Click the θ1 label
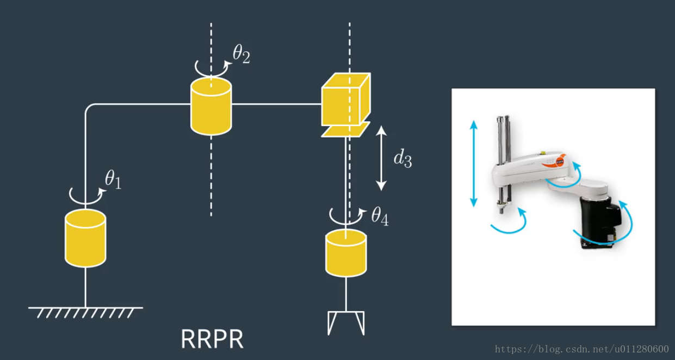coord(113,179)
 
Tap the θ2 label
coord(241,54)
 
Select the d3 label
coord(402,158)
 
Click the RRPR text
coord(212,338)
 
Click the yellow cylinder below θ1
coord(85,239)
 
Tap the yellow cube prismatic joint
coord(346,100)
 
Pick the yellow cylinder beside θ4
coord(346,253)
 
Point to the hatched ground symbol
coord(85,312)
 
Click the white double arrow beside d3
coord(381,158)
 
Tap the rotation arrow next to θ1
coord(85,194)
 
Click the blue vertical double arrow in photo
coord(474,163)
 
